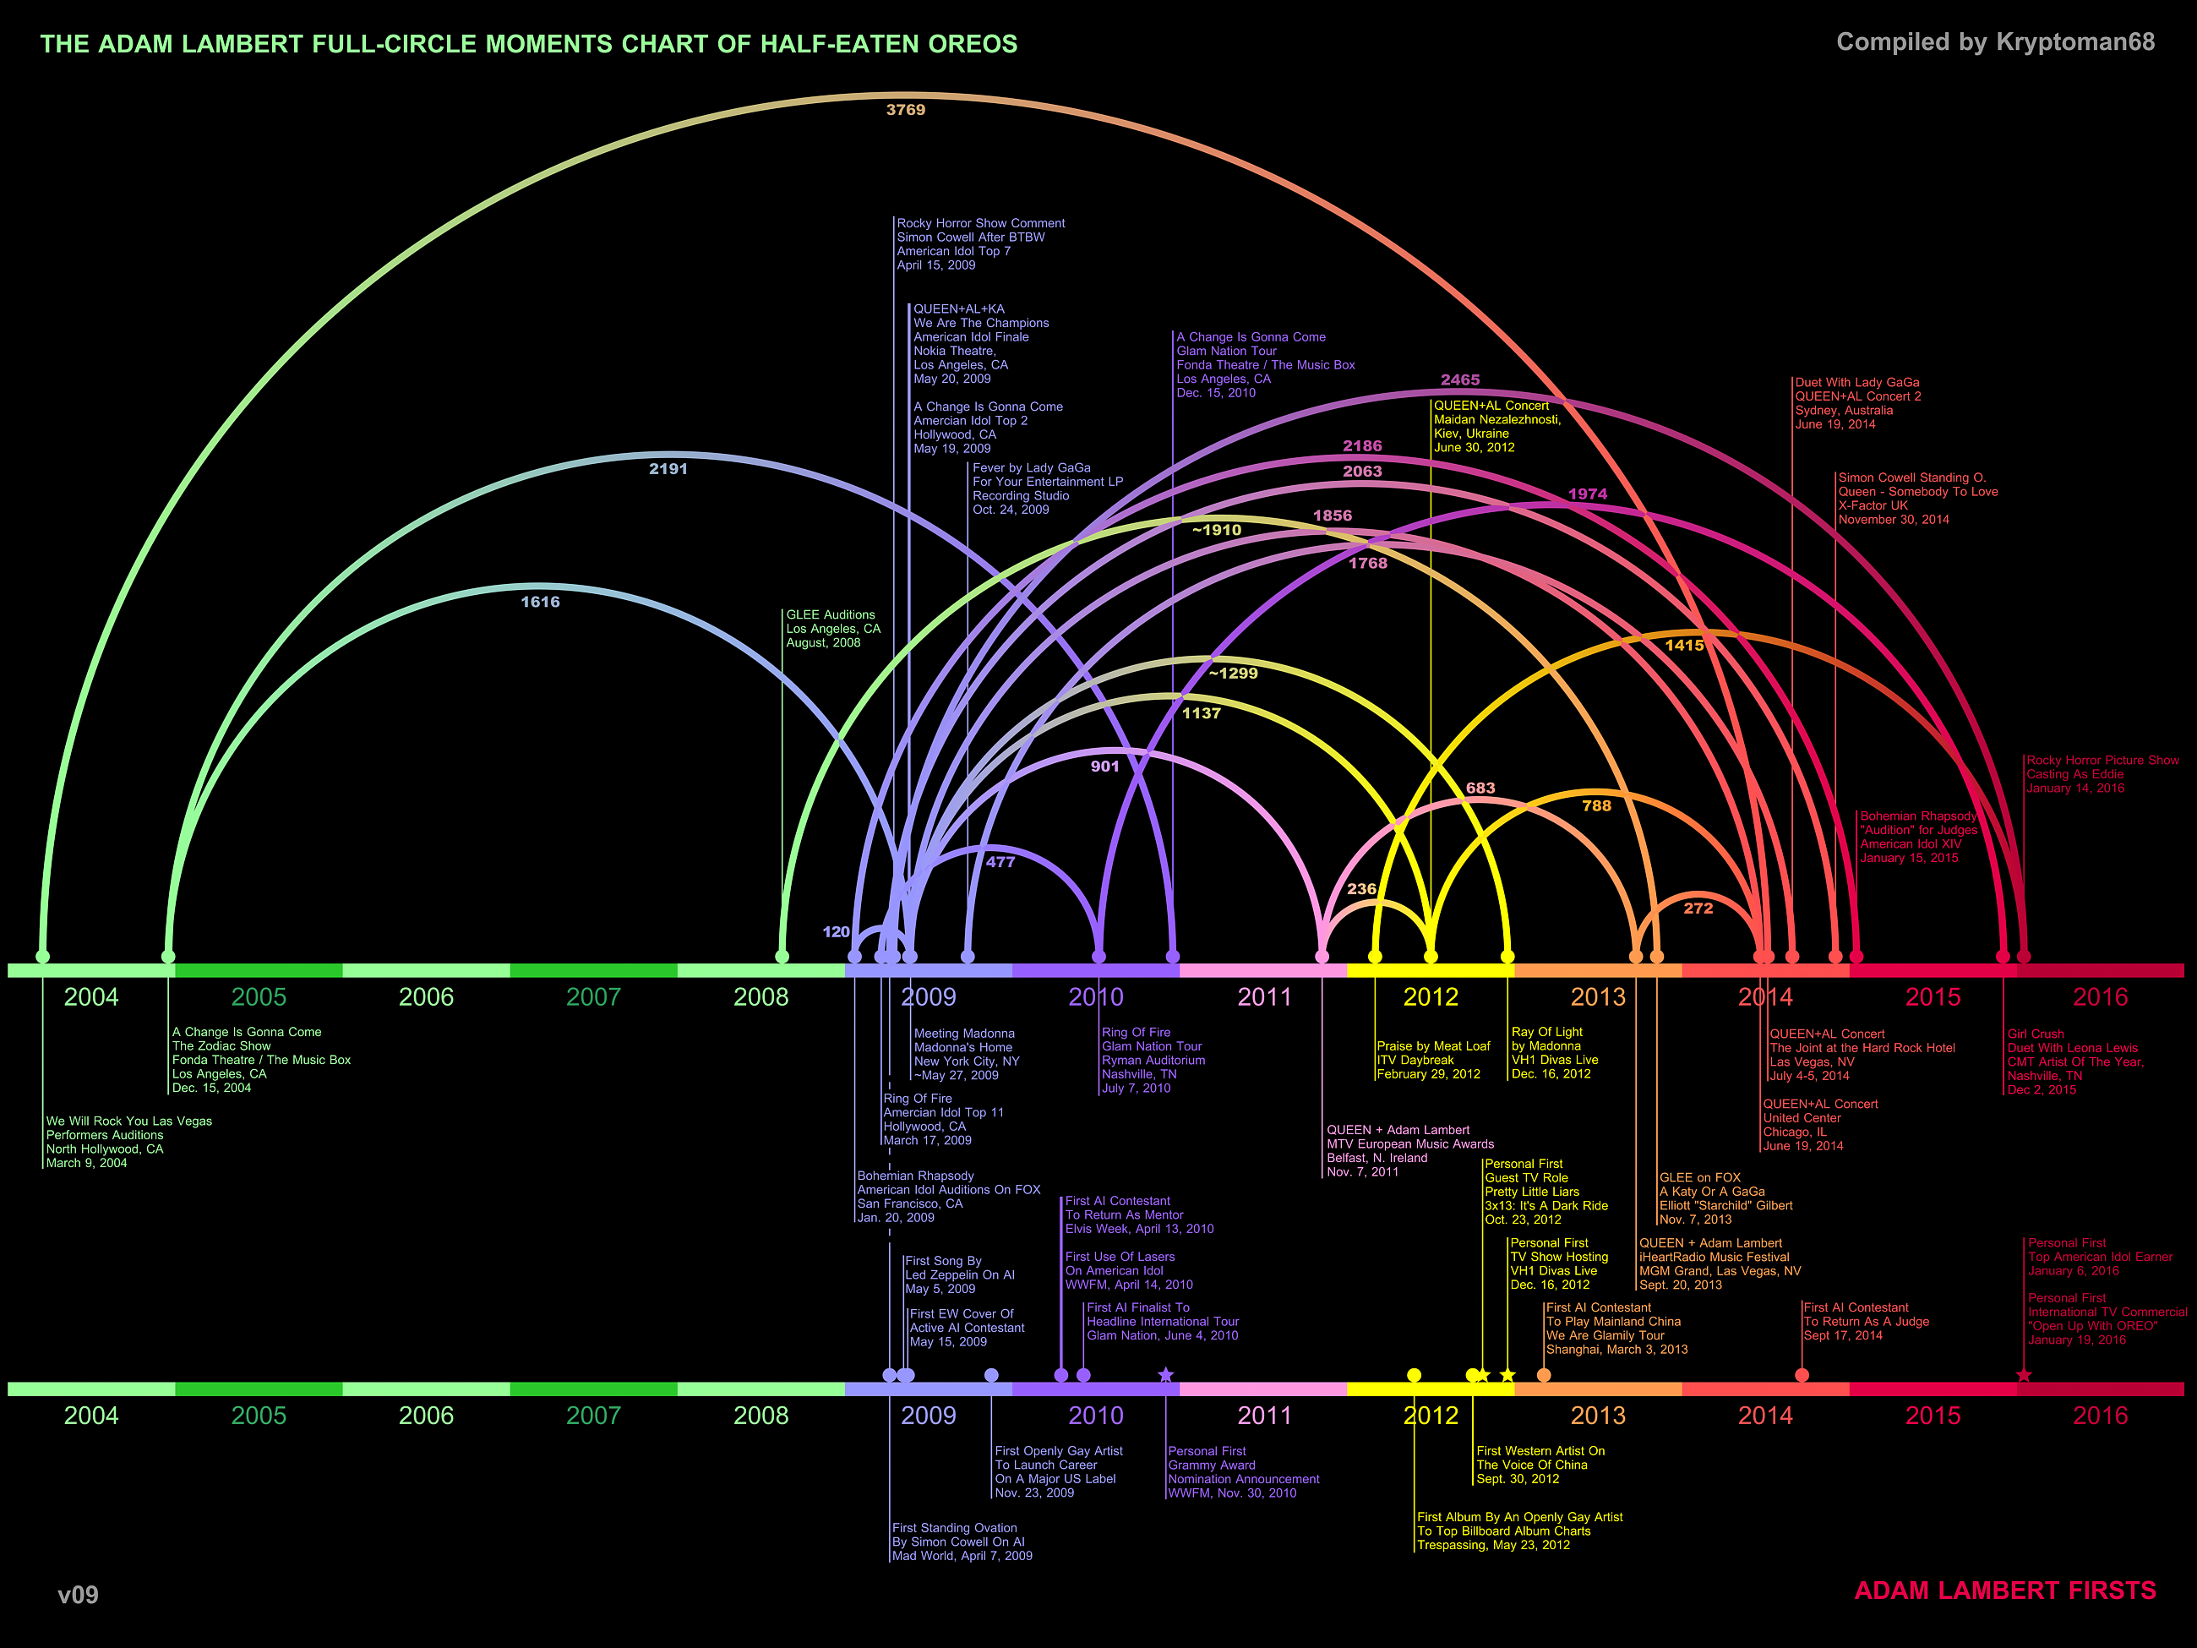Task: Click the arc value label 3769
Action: [x=905, y=109]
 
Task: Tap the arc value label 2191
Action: [x=668, y=469]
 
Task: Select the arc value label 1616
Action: [x=540, y=602]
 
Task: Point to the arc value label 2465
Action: [x=1460, y=379]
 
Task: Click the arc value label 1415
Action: [x=1684, y=646]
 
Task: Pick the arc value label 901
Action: [x=1104, y=767]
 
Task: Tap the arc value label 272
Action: [x=1698, y=908]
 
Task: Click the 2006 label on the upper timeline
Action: [x=426, y=996]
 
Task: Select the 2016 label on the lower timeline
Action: [x=2100, y=1416]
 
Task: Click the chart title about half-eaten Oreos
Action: [x=528, y=44]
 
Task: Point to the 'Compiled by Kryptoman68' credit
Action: [x=1994, y=41]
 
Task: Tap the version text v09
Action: [x=79, y=1595]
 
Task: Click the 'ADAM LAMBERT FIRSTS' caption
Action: [x=2004, y=1591]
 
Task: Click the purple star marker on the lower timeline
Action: [x=1166, y=1375]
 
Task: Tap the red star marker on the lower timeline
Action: [x=2023, y=1375]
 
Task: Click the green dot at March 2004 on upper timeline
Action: [x=43, y=957]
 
